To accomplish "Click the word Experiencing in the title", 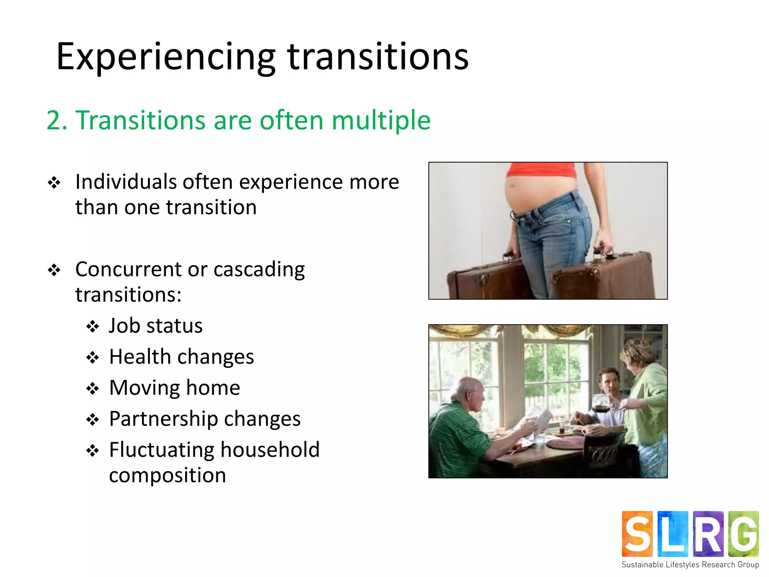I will click(165, 57).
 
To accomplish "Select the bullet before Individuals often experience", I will click(54, 183).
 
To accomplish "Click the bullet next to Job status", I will click(92, 326).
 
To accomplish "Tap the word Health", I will click(140, 356).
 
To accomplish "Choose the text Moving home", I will click(174, 388).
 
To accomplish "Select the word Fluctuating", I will click(161, 450).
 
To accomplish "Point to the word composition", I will click(167, 476).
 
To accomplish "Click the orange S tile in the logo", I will click(637, 533).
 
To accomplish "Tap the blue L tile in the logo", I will click(673, 533).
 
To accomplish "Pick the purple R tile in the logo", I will click(708, 533).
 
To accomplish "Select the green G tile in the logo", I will click(743, 533).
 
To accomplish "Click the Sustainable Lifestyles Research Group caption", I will click(690, 565).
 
